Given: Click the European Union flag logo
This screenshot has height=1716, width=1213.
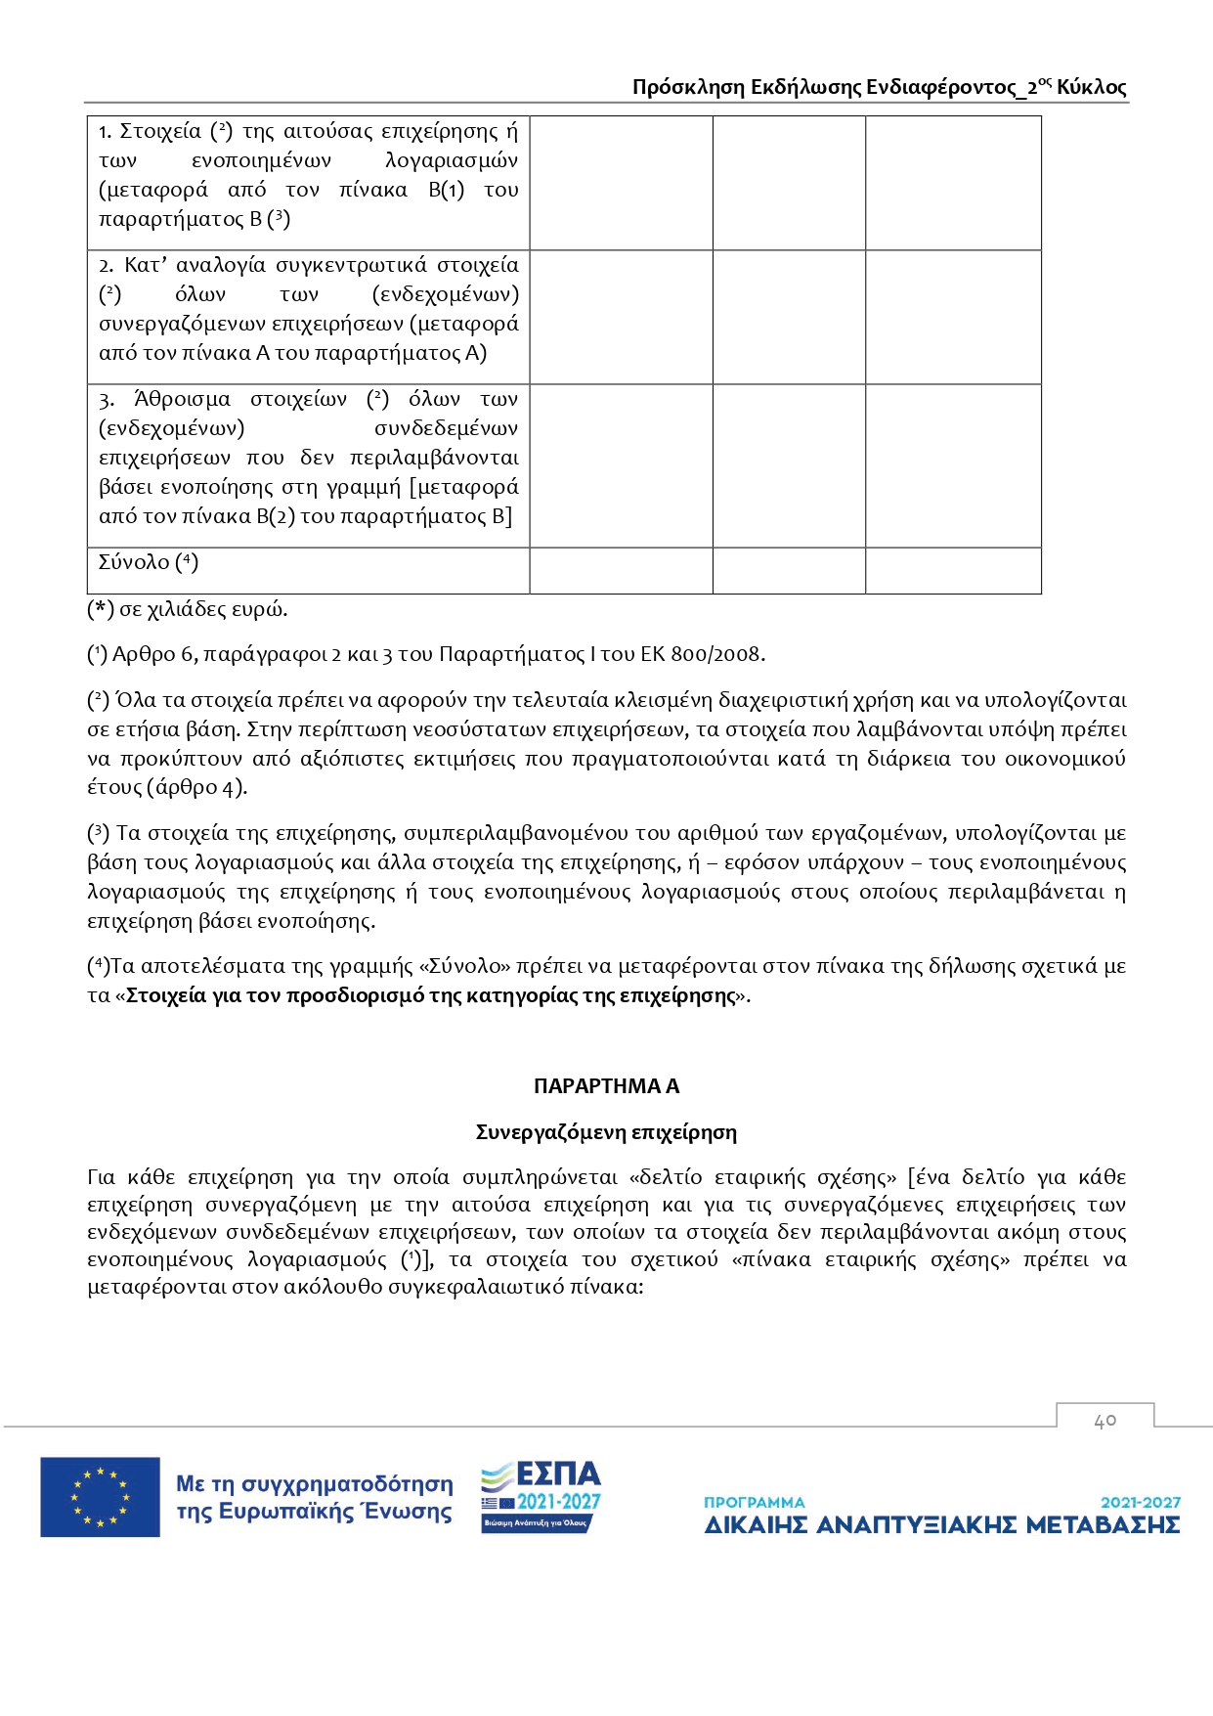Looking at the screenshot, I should [100, 1496].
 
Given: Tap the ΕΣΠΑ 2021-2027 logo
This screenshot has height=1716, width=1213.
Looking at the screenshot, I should [541, 1496].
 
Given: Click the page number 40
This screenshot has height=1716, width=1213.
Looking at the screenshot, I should [1105, 1420].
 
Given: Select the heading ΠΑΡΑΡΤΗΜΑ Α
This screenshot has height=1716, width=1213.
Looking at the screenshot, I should [606, 1085].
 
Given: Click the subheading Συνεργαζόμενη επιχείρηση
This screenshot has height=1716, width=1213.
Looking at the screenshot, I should [606, 1132].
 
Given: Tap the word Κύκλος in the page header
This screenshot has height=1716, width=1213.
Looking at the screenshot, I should [1091, 87].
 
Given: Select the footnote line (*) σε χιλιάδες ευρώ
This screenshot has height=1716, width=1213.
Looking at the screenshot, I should [188, 609].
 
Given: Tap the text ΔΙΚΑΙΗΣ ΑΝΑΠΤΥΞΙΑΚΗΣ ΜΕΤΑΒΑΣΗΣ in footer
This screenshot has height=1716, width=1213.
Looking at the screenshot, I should [942, 1525].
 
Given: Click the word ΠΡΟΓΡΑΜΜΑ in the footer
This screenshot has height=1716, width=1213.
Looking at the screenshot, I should [755, 1502].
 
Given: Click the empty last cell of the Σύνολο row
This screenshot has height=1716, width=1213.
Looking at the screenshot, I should [953, 570].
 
